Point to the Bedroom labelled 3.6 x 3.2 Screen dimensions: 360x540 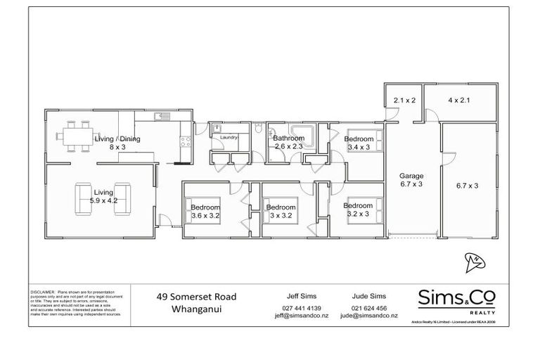(205, 212)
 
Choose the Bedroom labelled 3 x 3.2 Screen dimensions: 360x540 (280, 212)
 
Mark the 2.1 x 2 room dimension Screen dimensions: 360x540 (404, 101)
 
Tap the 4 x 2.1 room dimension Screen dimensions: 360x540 (458, 101)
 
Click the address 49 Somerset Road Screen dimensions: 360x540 (196, 297)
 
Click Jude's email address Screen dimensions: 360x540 (369, 316)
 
